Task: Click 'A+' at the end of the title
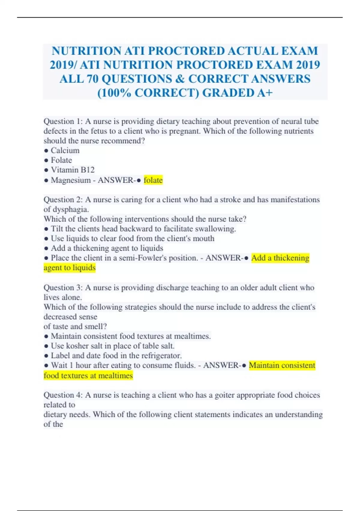(265, 93)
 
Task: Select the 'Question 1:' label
(63, 121)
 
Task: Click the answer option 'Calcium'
(65, 151)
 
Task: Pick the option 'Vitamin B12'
(73, 170)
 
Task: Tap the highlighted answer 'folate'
(153, 180)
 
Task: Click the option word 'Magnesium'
(70, 180)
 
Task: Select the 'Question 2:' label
(63, 200)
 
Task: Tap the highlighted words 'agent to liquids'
(70, 268)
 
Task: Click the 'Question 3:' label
(63, 288)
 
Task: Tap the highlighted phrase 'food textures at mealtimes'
(88, 375)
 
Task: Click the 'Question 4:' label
(63, 395)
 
